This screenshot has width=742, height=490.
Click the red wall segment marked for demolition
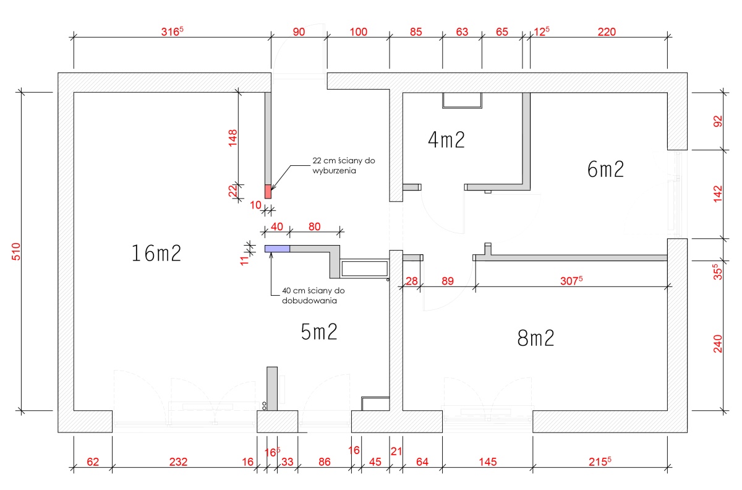point(268,191)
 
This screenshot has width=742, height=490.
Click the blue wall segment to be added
point(277,249)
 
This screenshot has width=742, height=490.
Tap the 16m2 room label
point(156,253)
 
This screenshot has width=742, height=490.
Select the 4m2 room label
point(446,140)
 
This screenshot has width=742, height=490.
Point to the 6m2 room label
point(605,169)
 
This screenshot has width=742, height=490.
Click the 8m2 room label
point(535,338)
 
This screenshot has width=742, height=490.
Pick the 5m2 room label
point(319,332)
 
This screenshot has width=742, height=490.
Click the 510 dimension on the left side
point(16,251)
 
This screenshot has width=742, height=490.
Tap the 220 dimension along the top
point(607,32)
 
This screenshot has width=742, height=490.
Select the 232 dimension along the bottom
point(178,462)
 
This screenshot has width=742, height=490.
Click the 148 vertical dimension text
point(233,138)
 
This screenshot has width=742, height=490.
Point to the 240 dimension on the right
point(717,344)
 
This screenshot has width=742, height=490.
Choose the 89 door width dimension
point(448,281)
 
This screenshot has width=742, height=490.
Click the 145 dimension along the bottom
point(488,462)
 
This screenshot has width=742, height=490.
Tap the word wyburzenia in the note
point(334,171)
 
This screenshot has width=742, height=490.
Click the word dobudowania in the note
point(309,301)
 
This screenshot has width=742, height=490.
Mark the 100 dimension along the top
point(359,32)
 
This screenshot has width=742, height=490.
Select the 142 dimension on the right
point(717,194)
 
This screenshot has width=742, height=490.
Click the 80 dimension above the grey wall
point(314,226)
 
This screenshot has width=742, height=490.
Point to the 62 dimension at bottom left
point(93,462)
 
